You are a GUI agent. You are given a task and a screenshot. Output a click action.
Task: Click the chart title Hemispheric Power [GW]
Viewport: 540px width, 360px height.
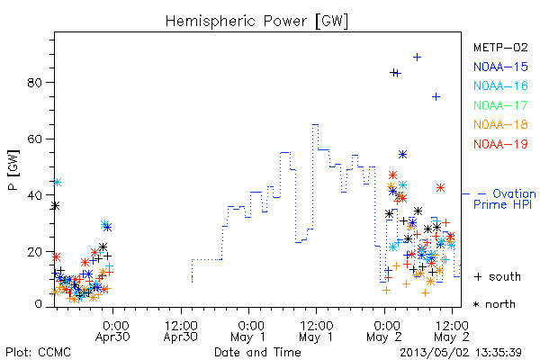256,22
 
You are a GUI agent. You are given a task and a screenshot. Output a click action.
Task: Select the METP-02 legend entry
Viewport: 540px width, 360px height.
500,47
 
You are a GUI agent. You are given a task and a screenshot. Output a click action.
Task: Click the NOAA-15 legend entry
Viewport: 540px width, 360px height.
500,67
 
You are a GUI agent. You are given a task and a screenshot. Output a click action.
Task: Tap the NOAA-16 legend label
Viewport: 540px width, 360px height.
500,85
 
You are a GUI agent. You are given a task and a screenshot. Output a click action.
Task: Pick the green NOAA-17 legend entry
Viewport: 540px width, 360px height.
500,105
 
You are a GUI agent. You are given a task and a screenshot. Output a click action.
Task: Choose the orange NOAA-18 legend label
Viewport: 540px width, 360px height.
500,124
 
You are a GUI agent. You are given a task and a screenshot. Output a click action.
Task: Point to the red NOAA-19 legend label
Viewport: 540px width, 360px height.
500,144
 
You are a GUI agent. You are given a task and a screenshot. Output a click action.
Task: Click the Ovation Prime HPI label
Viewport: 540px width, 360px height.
505,199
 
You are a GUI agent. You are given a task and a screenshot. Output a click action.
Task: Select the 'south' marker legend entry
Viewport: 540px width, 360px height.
498,276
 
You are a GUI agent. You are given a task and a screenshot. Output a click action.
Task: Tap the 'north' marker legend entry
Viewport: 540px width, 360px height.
494,304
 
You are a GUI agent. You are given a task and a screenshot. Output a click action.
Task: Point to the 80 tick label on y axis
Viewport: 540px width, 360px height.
34,83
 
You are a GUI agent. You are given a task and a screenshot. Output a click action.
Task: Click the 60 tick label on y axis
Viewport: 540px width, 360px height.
34,139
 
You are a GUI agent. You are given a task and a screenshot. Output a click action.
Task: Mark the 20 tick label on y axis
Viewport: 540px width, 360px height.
34,252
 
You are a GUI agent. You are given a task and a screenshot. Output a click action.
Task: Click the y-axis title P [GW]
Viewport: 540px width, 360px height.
13,170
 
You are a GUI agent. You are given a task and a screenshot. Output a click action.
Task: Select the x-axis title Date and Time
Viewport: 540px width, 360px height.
257,353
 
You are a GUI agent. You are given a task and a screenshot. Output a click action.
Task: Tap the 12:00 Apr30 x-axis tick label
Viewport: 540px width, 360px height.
181,331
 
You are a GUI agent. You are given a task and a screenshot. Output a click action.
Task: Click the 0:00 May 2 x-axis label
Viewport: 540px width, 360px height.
384,331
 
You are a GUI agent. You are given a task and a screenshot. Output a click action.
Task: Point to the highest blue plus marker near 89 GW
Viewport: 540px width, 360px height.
417,58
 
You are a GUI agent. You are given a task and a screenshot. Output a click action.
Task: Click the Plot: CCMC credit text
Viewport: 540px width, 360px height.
38,353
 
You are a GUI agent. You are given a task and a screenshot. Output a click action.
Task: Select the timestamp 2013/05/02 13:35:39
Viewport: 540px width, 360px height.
461,353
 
